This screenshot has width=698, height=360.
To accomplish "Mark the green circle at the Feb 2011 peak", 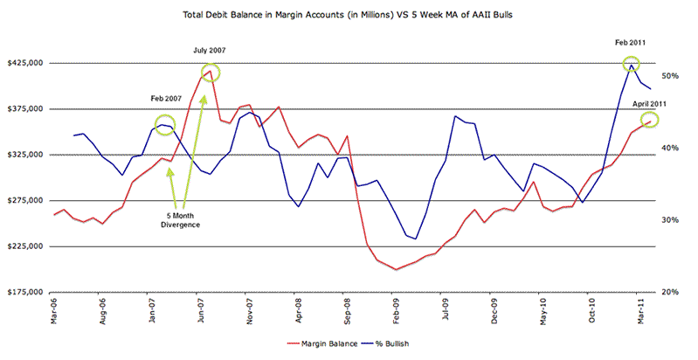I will click(631, 64).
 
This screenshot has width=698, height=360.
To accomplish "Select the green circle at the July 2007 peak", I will click(211, 73).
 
